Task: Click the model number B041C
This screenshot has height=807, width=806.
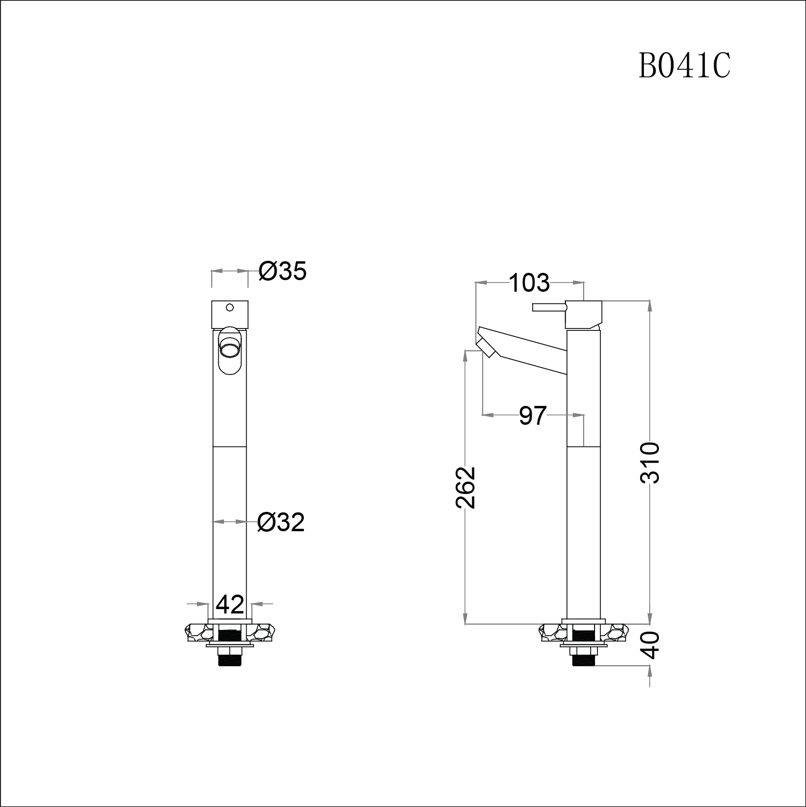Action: point(684,66)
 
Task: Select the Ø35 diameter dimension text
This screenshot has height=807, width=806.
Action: point(283,271)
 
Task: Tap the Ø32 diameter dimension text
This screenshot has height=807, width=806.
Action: point(281,523)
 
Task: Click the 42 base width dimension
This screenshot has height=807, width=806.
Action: point(230,605)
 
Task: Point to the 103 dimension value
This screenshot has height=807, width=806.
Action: point(530,283)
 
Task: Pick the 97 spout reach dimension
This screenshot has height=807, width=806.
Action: point(533,416)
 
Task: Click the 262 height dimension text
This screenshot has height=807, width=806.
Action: point(466,487)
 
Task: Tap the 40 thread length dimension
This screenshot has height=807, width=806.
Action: point(652,645)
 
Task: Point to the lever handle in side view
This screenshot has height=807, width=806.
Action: point(549,307)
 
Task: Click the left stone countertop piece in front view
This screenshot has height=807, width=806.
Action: point(196,633)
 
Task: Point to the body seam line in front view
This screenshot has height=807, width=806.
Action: point(230,446)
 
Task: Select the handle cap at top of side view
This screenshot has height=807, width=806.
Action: point(584,314)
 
